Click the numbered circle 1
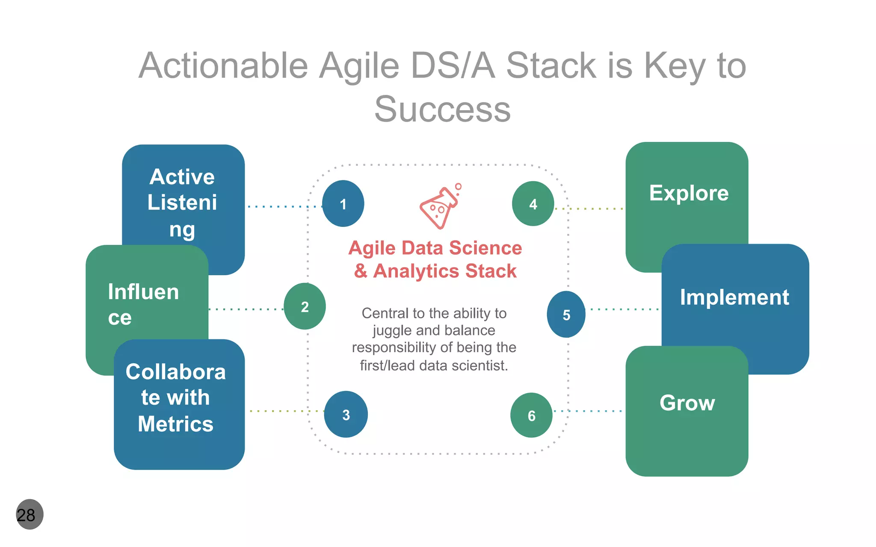click(x=343, y=204)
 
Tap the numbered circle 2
click(x=305, y=306)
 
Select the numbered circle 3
click(x=346, y=414)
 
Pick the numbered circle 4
click(x=533, y=204)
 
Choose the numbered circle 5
click(x=566, y=315)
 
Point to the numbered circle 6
click(x=531, y=415)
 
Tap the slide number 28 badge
click(x=29, y=515)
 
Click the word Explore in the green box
click(x=689, y=193)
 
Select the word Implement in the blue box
click(x=734, y=297)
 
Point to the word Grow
click(x=687, y=403)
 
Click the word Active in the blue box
click(x=182, y=177)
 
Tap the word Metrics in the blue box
click(x=175, y=424)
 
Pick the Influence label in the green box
click(x=143, y=304)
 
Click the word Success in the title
click(x=442, y=109)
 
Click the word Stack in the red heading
click(x=491, y=271)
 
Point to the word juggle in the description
click(x=391, y=331)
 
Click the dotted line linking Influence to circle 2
click(x=246, y=309)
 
